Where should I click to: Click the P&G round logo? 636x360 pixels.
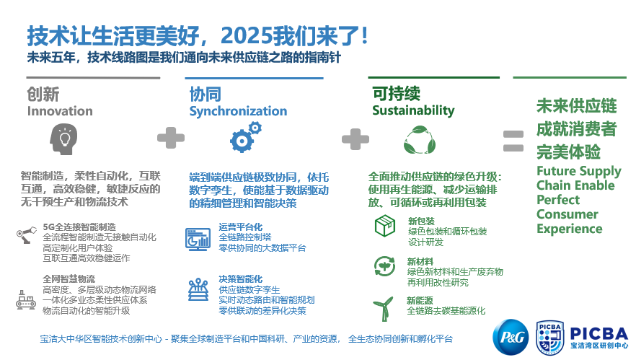click(x=511, y=337)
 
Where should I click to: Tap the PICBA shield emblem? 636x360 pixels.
click(x=549, y=338)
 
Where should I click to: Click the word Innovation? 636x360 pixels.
click(x=60, y=111)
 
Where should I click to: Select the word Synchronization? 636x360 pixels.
click(x=238, y=111)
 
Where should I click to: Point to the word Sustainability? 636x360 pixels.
click(x=413, y=110)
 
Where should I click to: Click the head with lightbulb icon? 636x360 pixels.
click(x=63, y=139)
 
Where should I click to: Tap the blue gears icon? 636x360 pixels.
click(x=245, y=137)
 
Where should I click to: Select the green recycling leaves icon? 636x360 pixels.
click(x=420, y=140)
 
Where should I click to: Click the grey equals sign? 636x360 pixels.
click(x=513, y=141)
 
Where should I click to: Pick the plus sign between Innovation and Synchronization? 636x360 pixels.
click(x=171, y=138)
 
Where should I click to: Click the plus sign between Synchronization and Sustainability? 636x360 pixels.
click(x=355, y=139)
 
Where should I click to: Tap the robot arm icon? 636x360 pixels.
click(x=27, y=234)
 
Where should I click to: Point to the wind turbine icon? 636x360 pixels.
click(x=384, y=309)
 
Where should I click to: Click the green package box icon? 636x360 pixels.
click(x=385, y=226)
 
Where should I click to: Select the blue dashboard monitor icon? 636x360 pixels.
click(x=198, y=239)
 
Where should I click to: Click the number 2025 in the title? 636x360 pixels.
click(x=246, y=36)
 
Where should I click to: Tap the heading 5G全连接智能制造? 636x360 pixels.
click(x=79, y=227)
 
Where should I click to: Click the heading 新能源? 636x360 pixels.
click(x=420, y=301)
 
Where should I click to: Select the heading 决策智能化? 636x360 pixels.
click(x=241, y=279)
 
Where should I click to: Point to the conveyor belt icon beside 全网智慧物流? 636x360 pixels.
click(x=25, y=300)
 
